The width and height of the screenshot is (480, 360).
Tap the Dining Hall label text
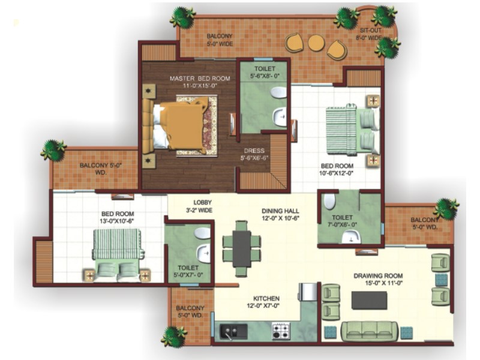tap(280, 211)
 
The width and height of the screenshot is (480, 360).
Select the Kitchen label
tap(266, 298)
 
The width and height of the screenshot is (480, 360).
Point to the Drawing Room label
tap(378, 276)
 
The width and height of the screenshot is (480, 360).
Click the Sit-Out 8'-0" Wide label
tap(370, 34)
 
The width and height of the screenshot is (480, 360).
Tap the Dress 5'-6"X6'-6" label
tap(254, 154)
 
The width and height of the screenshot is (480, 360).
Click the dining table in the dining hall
tap(242, 248)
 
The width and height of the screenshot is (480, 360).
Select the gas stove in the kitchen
tap(281, 331)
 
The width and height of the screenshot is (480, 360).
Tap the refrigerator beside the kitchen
tap(308, 292)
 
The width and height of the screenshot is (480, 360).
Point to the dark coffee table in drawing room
tap(369, 301)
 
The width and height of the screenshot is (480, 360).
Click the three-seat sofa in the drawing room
tap(369, 331)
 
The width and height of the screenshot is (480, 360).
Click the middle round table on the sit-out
tap(316, 43)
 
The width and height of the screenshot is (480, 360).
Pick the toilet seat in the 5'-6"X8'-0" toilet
tap(278, 92)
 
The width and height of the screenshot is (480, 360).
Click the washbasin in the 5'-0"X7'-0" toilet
tap(203, 253)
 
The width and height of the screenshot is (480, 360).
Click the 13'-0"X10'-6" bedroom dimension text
tap(118, 221)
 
